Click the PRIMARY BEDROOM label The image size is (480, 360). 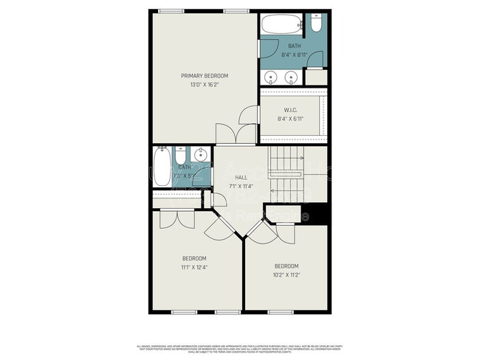(x=205, y=76)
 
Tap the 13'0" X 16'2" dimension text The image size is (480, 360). (x=205, y=85)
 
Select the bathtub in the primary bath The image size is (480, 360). (x=282, y=24)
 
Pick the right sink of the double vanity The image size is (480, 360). (x=291, y=76)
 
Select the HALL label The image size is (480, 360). (x=241, y=178)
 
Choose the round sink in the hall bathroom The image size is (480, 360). (x=200, y=155)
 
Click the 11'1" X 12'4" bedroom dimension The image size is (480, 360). (x=193, y=266)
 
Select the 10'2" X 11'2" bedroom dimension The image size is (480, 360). (x=286, y=274)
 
